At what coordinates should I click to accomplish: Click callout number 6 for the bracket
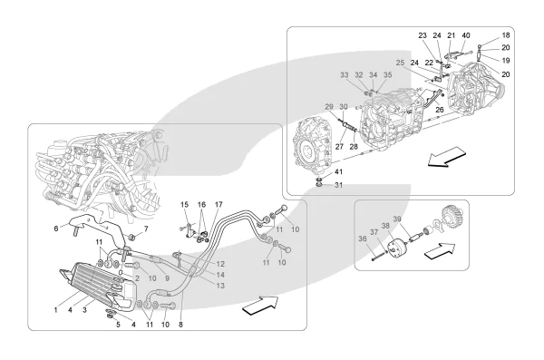(x=56, y=229)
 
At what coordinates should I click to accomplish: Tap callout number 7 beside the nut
(x=146, y=229)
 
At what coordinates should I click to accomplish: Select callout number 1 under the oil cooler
(x=56, y=310)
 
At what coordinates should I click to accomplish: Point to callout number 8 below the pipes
(x=180, y=325)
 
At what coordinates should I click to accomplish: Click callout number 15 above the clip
(x=185, y=204)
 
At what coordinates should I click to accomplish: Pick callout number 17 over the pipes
(x=219, y=204)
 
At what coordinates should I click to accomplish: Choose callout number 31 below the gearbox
(x=338, y=185)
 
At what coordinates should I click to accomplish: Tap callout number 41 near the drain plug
(x=338, y=172)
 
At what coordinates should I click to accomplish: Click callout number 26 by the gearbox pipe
(x=440, y=110)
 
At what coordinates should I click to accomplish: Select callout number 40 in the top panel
(x=466, y=35)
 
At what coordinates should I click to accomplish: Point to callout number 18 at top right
(x=506, y=35)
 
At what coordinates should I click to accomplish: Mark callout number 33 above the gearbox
(x=345, y=74)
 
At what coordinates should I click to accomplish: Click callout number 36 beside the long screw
(x=363, y=238)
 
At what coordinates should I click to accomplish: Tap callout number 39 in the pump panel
(x=397, y=219)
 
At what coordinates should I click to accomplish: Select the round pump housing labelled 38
(x=398, y=248)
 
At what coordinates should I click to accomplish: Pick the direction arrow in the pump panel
(x=439, y=250)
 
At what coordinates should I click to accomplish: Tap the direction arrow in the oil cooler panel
(x=260, y=306)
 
